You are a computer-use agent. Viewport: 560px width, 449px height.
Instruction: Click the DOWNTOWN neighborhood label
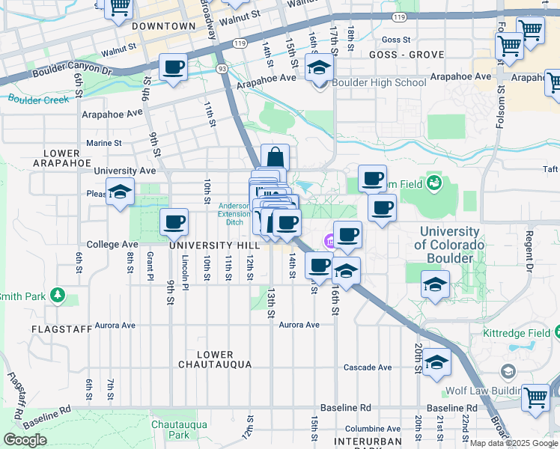click(x=162, y=26)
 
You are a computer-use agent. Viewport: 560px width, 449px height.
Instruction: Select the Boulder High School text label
click(x=379, y=82)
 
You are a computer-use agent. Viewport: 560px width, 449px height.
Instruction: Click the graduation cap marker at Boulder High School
click(x=320, y=68)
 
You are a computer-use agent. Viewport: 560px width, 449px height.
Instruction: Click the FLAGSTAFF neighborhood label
click(x=61, y=329)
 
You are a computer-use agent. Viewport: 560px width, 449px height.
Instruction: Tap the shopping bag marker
click(x=275, y=158)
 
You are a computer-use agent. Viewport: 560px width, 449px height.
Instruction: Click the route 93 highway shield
click(x=222, y=68)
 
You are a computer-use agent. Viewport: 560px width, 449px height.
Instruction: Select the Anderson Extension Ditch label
click(x=234, y=213)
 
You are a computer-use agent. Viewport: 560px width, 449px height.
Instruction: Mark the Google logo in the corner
click(x=25, y=440)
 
